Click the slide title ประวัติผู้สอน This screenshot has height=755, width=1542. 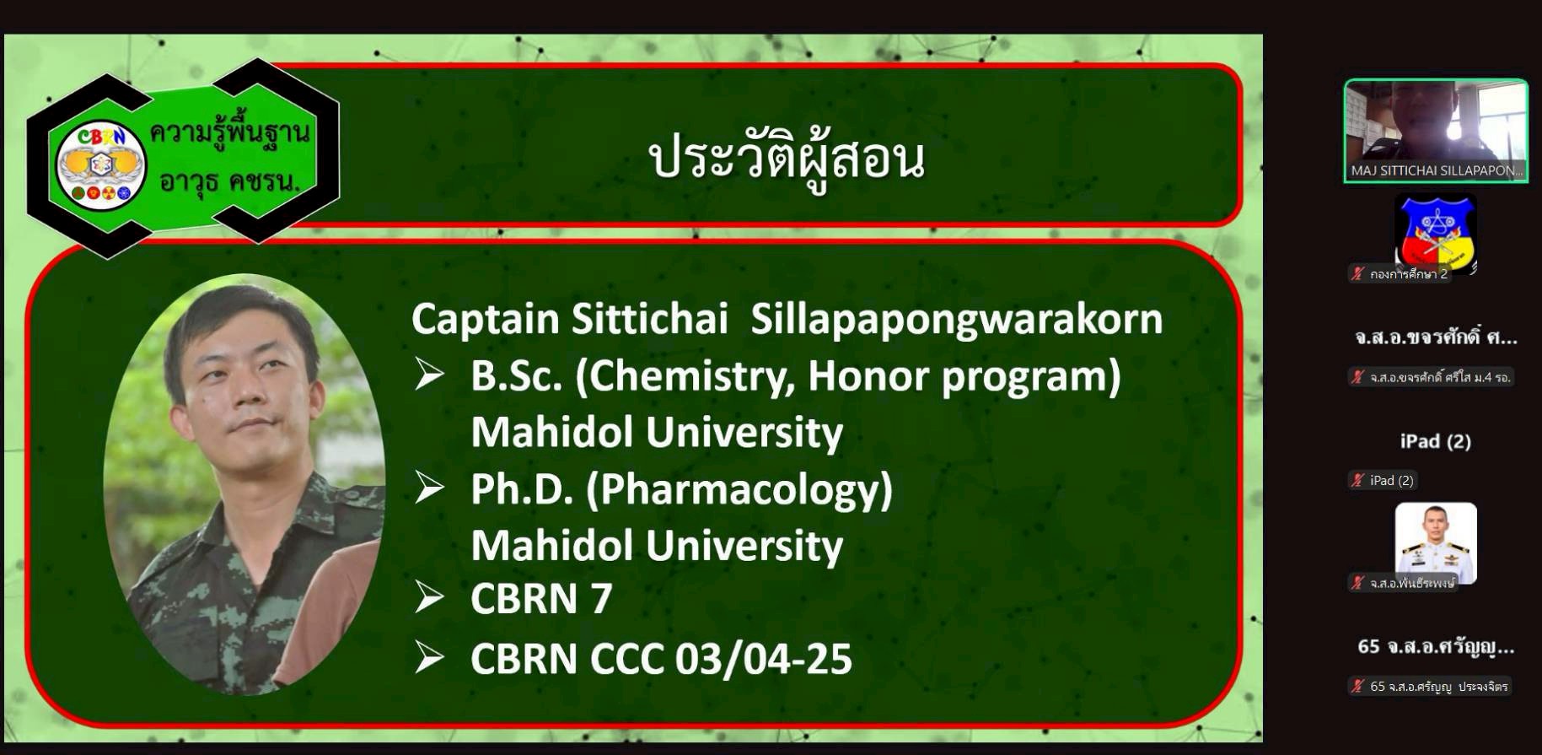[x=787, y=158]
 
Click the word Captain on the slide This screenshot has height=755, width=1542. [x=486, y=319]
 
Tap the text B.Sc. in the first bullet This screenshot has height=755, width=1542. [x=516, y=376]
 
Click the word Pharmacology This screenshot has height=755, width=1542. [x=740, y=490]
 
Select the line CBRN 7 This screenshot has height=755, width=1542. [x=541, y=598]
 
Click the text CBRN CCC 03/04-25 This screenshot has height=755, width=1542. [x=661, y=659]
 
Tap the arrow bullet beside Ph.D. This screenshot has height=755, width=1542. [x=429, y=488]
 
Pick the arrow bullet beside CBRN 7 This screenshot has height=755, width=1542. [x=429, y=597]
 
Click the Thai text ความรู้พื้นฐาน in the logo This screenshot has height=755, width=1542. [x=229, y=132]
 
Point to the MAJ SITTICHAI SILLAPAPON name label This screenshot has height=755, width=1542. [x=1437, y=170]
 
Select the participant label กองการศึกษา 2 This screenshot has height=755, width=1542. [x=1409, y=274]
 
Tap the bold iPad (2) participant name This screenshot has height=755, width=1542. [x=1436, y=441]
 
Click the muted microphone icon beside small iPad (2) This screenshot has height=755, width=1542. [x=1357, y=481]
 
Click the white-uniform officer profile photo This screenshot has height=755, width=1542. [x=1436, y=543]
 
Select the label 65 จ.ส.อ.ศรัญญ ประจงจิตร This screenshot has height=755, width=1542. [x=1438, y=687]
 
